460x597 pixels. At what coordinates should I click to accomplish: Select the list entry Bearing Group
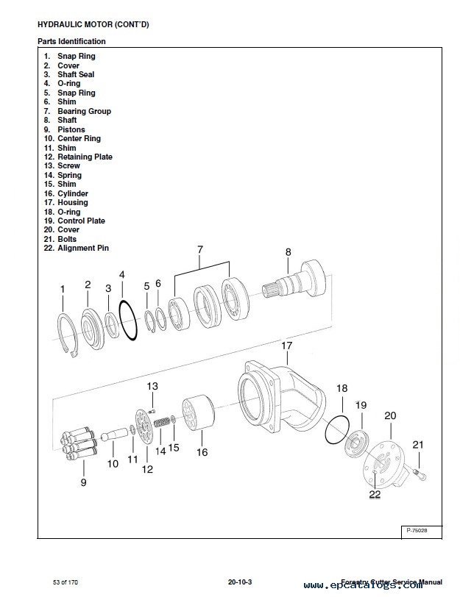pyautogui.click(x=84, y=111)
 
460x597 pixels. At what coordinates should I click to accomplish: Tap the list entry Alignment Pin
pyautogui.click(x=82, y=248)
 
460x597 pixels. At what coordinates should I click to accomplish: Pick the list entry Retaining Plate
pyautogui.click(x=85, y=157)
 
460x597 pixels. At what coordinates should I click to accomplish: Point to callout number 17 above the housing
pyautogui.click(x=287, y=345)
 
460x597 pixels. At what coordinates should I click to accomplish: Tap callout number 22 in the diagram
pyautogui.click(x=375, y=494)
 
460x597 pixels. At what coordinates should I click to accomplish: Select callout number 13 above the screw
pyautogui.click(x=152, y=386)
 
